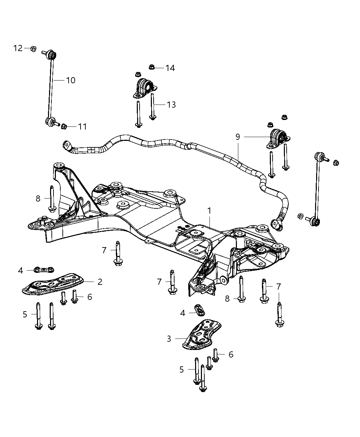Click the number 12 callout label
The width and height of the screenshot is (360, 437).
(x=18, y=48)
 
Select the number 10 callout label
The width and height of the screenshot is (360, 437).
(x=71, y=80)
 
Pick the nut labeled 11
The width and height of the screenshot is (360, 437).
(x=64, y=127)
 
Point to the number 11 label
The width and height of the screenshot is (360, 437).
(x=82, y=127)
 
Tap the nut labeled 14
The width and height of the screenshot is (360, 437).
(x=152, y=67)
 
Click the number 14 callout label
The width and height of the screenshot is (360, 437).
(x=170, y=68)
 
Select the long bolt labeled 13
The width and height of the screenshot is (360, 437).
(x=152, y=106)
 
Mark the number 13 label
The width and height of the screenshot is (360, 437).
(x=171, y=105)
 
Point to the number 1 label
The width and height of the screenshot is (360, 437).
(x=209, y=211)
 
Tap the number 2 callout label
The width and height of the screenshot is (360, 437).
(x=100, y=282)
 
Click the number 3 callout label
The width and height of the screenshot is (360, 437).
(x=169, y=339)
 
